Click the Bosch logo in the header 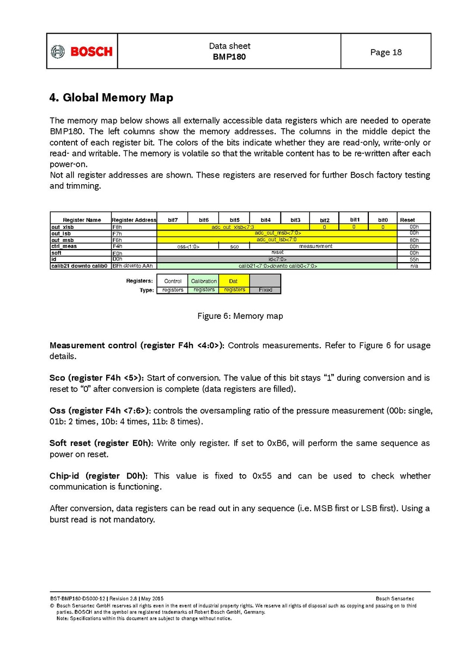point(82,51)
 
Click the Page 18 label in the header point(386,52)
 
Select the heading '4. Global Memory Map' point(111,98)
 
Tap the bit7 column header point(173,220)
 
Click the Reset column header point(408,220)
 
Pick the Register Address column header point(134,220)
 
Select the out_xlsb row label point(63,227)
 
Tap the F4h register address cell point(118,246)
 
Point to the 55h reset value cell point(414,259)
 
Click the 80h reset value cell point(414,240)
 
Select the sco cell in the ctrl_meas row point(234,246)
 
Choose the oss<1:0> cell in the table point(189,246)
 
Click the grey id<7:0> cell point(277,259)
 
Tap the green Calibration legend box point(204,281)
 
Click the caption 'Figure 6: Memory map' point(240,316)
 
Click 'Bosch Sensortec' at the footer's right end point(395,599)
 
